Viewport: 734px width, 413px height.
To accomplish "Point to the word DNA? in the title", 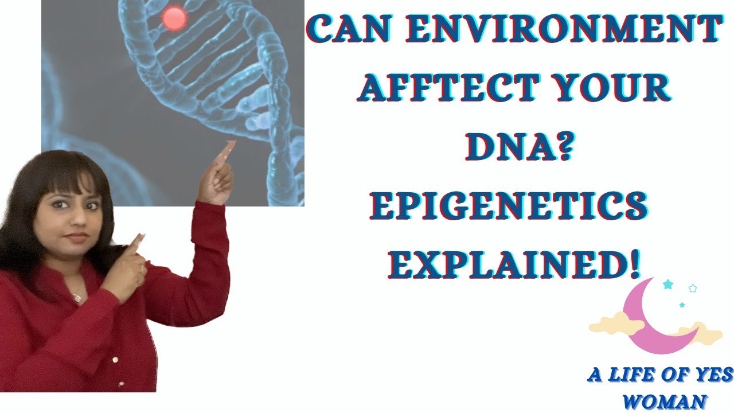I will click(519, 147).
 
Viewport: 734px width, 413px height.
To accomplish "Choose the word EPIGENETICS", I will click(510, 205).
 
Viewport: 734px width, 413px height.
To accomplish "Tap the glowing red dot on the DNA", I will click(174, 19).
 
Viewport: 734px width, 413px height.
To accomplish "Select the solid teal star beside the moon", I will click(667, 285).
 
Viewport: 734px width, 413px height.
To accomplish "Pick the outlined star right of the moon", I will click(692, 288).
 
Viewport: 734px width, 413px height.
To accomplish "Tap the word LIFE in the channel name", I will click(629, 376).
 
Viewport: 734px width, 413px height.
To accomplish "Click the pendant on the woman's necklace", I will click(77, 298).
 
